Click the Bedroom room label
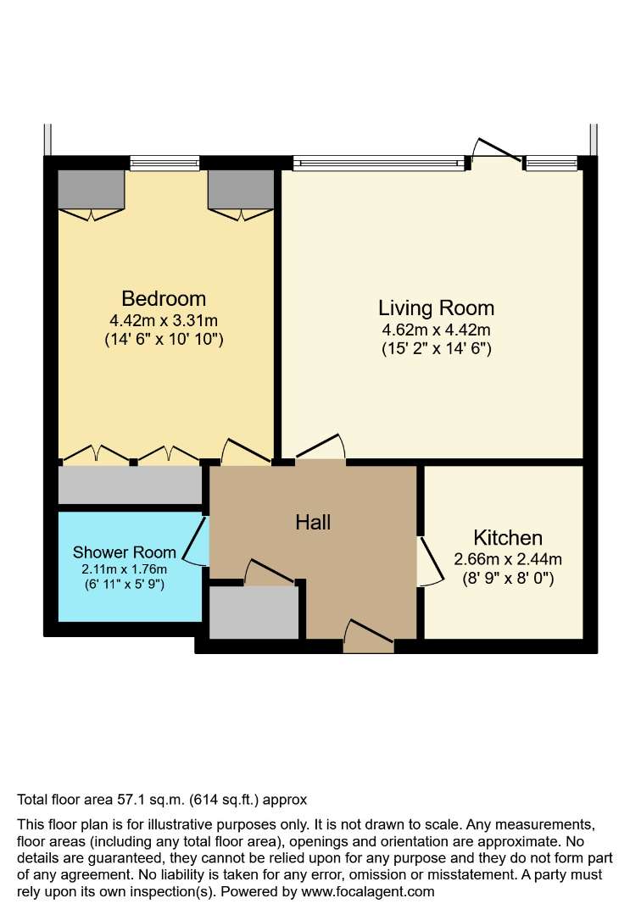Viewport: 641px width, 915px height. point(164,298)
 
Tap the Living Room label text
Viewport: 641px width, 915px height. point(436,308)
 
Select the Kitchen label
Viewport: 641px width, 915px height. point(508,537)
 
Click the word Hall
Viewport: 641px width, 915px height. point(313,522)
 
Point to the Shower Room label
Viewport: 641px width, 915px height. point(125,552)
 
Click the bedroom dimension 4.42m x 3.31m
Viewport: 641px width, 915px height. point(164,320)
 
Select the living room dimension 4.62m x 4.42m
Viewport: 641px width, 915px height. point(436,330)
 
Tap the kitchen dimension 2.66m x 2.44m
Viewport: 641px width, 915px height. point(508,559)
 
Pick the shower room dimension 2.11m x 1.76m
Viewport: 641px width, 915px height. point(125,569)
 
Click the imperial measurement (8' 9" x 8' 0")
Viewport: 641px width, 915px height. point(508,579)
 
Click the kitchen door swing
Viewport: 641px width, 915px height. point(431,561)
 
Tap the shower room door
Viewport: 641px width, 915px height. point(196,541)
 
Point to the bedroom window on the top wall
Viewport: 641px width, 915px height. point(164,163)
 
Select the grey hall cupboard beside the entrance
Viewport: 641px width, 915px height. point(254,613)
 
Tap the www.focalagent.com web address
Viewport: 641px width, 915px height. point(368,891)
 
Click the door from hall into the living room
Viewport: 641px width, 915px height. point(320,447)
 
